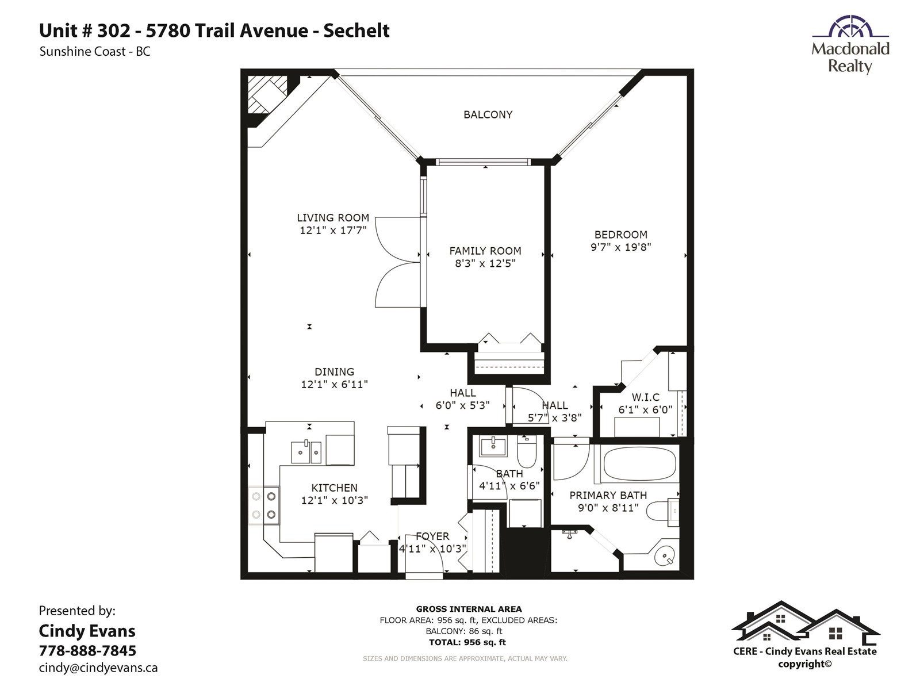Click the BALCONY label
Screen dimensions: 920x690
488,115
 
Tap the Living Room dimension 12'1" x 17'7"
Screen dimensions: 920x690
333,230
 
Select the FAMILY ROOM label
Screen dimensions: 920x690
485,251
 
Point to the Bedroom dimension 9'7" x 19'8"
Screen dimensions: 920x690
621,247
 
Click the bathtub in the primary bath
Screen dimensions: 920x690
639,464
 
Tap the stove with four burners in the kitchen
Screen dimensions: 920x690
264,505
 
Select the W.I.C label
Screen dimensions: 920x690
646,397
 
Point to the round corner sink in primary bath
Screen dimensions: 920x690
665,555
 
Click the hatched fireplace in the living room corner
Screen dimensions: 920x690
267,94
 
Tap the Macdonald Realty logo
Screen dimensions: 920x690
850,45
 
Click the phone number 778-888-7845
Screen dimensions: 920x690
87,651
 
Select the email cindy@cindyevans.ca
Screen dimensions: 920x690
98,668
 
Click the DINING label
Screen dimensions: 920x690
335,372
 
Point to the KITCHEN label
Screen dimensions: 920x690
335,488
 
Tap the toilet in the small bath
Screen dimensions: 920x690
527,451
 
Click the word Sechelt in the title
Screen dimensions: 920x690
356,30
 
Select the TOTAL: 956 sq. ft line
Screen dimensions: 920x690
467,642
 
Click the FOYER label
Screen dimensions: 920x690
432,536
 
